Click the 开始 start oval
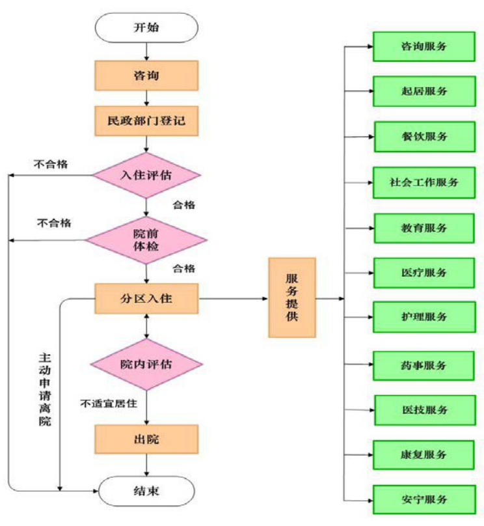(x=146, y=28)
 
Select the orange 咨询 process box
(x=146, y=76)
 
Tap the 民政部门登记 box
(x=146, y=121)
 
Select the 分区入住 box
(x=146, y=299)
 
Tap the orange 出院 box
(x=146, y=439)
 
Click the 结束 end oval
(x=146, y=491)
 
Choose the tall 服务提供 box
(x=292, y=298)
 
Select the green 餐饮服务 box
(x=423, y=137)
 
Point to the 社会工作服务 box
(x=423, y=182)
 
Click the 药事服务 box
(x=423, y=365)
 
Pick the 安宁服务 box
(x=423, y=499)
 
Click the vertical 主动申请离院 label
(x=44, y=389)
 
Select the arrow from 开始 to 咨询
(x=146, y=51)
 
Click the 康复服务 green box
(x=423, y=455)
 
